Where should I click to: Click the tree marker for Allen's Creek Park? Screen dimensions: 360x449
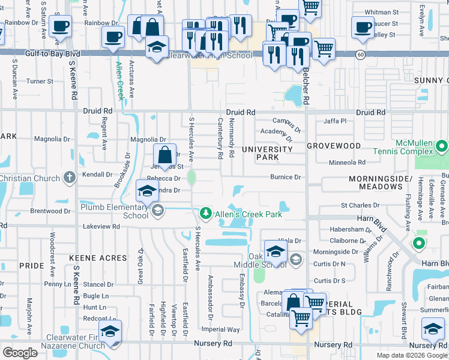(205, 214)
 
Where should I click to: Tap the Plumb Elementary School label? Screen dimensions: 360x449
(115, 211)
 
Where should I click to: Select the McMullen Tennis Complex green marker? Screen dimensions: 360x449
(442, 146)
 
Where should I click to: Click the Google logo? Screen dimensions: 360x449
(20, 353)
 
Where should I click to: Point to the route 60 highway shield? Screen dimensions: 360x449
(360, 54)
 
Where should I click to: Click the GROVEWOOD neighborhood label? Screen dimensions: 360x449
(334, 146)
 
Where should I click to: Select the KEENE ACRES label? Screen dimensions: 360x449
(98, 258)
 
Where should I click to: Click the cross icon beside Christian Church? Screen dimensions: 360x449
(70, 178)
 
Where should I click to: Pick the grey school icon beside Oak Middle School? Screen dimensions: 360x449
(295, 259)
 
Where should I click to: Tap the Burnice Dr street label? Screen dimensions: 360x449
(285, 178)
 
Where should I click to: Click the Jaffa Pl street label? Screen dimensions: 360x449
(335, 121)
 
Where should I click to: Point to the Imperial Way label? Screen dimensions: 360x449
(221, 329)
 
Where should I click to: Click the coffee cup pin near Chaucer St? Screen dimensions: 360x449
(363, 28)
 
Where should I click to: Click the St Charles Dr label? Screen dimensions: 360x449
(360, 205)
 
